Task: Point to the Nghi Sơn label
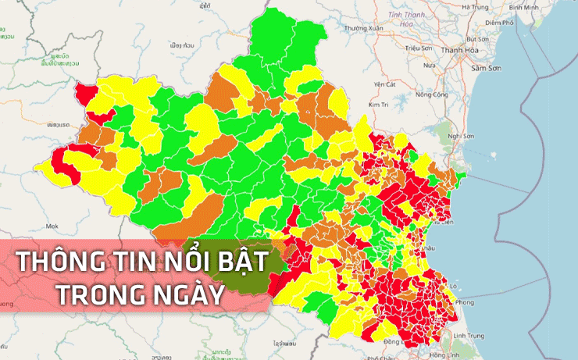tap(462, 135)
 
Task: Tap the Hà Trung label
tap(475, 6)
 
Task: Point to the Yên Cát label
tap(386, 84)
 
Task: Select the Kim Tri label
tap(379, 104)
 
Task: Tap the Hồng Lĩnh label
tap(444, 355)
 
